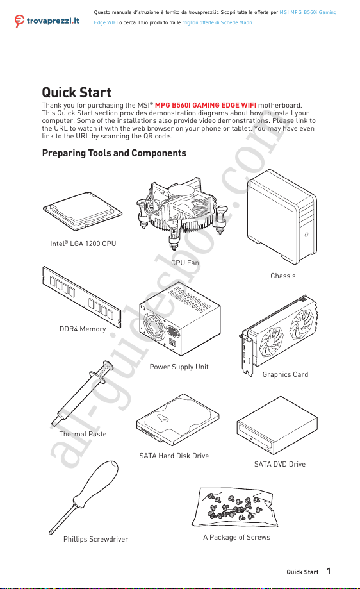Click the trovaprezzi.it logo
click(47, 21)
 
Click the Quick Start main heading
click(76, 92)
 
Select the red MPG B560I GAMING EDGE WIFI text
click(206, 105)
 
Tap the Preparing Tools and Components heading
click(114, 153)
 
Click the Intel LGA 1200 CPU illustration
click(83, 212)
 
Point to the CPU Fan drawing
click(182, 213)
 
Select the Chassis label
click(282, 276)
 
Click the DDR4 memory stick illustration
click(82, 296)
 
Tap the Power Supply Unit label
click(179, 367)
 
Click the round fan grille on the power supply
click(154, 327)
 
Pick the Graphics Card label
click(285, 374)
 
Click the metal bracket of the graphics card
click(246, 354)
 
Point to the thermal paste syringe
click(83, 394)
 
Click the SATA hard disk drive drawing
click(178, 418)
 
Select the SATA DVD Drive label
click(280, 464)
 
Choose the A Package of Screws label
click(236, 537)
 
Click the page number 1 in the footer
click(329, 571)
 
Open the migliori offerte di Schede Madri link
click(217, 22)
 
